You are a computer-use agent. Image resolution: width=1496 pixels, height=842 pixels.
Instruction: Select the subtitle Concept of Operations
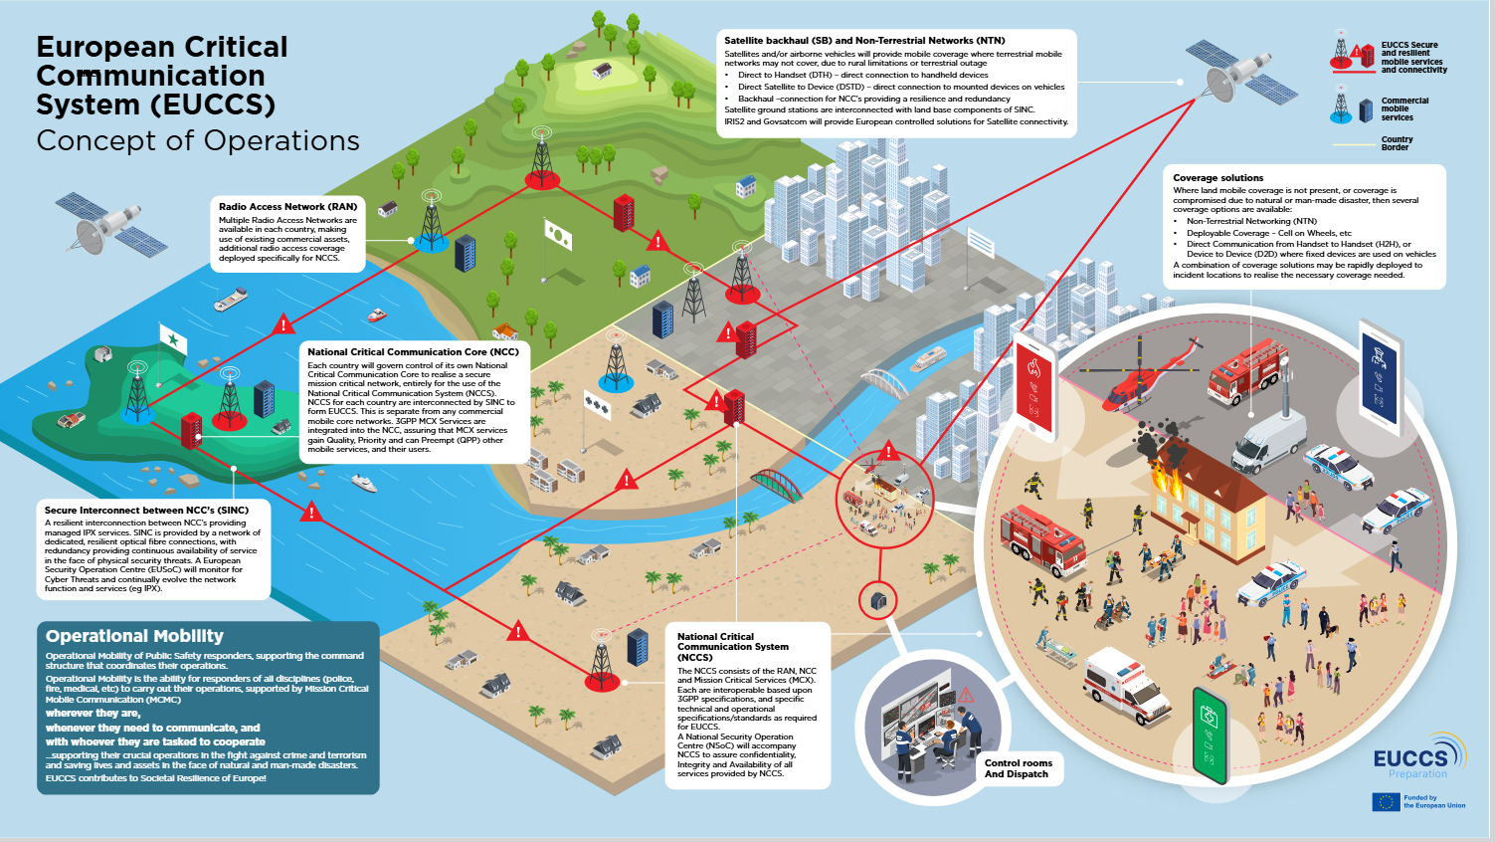pyautogui.click(x=198, y=141)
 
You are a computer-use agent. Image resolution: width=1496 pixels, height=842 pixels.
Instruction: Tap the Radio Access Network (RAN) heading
pyautogui.click(x=287, y=206)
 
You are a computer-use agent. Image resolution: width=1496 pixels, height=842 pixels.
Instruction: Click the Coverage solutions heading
pyautogui.click(x=1217, y=178)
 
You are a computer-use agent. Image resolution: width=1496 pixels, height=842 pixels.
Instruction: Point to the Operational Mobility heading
pyautogui.click(x=134, y=636)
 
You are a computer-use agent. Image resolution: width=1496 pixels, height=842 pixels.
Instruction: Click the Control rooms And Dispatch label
pyautogui.click(x=1018, y=768)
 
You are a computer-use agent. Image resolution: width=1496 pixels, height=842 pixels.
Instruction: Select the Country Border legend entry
pyautogui.click(x=1397, y=143)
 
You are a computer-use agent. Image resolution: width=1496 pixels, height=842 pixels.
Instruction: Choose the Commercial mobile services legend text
pyautogui.click(x=1404, y=108)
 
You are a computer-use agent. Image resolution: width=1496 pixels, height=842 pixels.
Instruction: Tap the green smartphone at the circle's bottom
pyautogui.click(x=1211, y=737)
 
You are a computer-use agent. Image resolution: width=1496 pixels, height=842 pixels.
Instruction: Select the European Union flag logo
pyautogui.click(x=1386, y=801)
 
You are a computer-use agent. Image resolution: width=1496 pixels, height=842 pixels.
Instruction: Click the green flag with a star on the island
pyautogui.click(x=174, y=341)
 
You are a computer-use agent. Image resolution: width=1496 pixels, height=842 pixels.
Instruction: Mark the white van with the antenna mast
pyautogui.click(x=1268, y=443)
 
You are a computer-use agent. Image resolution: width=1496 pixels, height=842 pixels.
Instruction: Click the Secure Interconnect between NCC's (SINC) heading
pyautogui.click(x=146, y=510)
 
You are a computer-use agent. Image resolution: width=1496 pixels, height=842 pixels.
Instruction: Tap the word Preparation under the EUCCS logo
pyautogui.click(x=1417, y=774)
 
